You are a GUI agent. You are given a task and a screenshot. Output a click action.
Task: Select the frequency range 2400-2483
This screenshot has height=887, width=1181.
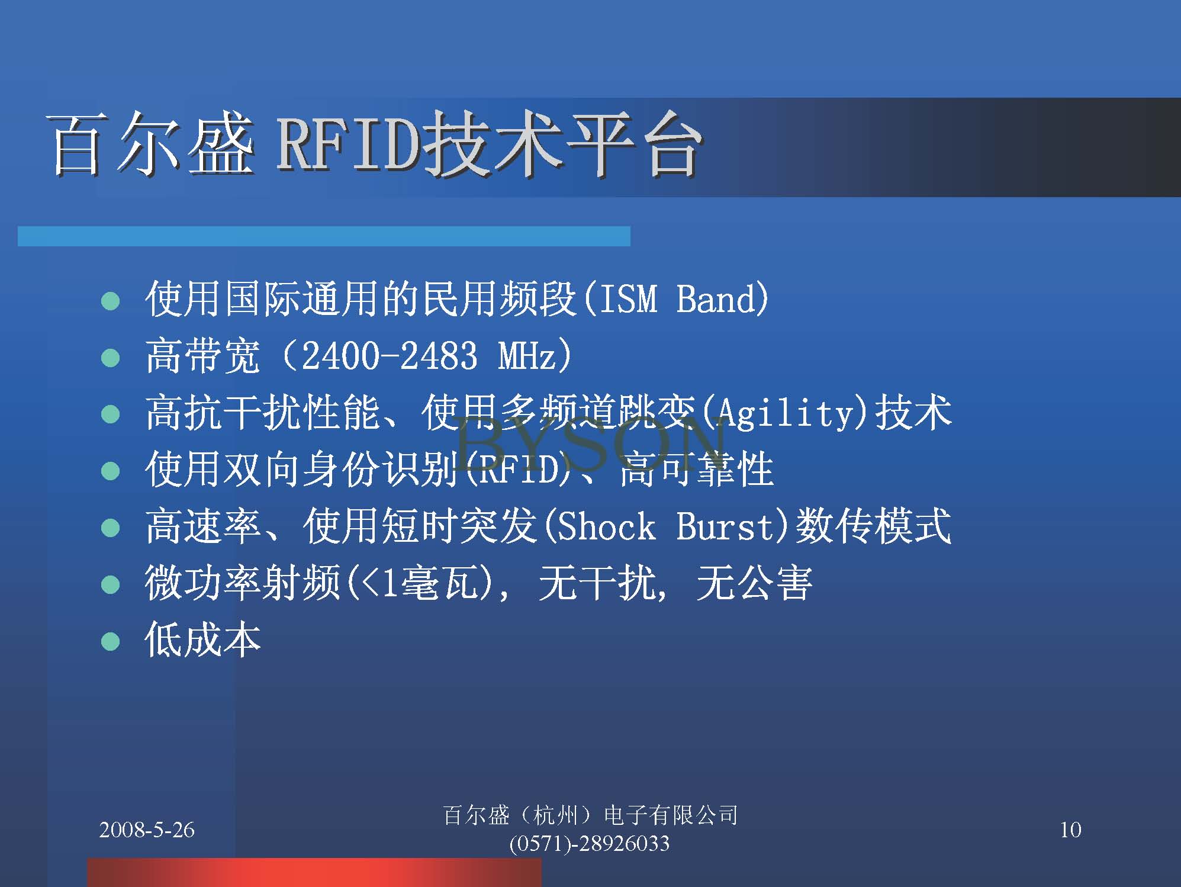[390, 355]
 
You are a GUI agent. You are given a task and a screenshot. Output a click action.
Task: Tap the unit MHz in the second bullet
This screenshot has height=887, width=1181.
[526, 355]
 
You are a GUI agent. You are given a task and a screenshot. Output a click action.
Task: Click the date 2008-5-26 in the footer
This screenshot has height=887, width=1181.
[147, 830]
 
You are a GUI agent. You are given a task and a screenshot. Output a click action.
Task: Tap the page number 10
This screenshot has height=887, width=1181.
[1070, 830]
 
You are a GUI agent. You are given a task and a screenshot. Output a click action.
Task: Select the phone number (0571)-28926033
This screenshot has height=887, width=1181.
[590, 843]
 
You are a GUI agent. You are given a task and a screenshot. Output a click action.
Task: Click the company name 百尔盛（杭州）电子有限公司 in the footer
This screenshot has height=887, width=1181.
[590, 815]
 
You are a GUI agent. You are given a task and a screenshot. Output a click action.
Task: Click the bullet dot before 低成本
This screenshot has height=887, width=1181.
[111, 641]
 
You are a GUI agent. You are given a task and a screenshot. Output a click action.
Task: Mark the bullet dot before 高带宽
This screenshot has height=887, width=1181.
[111, 358]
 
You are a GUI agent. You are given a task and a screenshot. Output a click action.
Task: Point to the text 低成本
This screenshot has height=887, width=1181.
[203, 639]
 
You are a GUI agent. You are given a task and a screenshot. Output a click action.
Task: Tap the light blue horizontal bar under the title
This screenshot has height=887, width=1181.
[324, 236]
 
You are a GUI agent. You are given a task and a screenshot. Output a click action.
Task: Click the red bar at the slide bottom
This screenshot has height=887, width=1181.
[314, 872]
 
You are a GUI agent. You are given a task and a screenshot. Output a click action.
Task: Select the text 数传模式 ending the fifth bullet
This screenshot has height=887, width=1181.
[874, 526]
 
